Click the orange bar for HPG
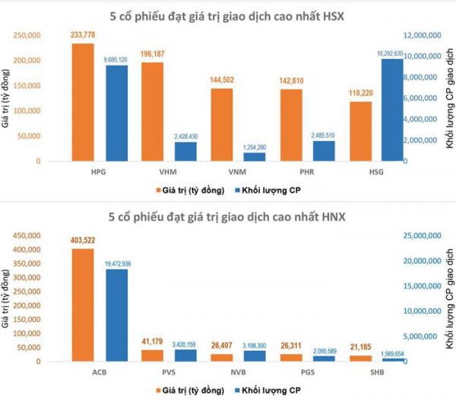pyautogui.click(x=83, y=103)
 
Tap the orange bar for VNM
pyautogui.click(x=221, y=125)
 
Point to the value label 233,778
pyautogui.click(x=83, y=36)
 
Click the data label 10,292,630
pyautogui.click(x=392, y=52)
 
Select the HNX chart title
pyautogui.click(x=228, y=218)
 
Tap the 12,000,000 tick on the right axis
pyautogui.click(x=423, y=35)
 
